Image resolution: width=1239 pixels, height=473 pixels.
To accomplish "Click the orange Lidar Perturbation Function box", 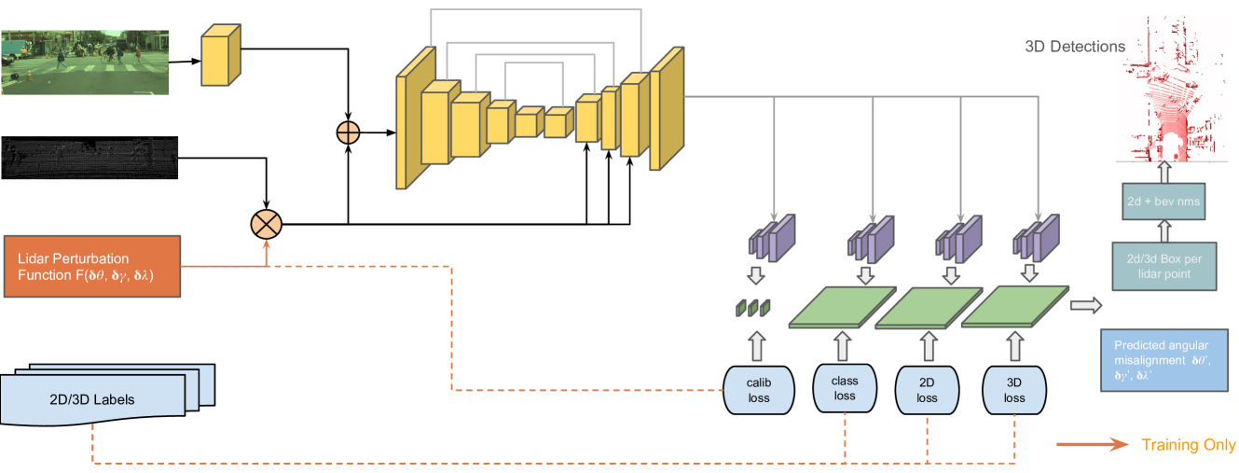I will [91, 266].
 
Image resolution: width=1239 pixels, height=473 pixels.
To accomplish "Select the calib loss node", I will [758, 389].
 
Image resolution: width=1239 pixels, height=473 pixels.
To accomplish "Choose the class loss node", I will [845, 387].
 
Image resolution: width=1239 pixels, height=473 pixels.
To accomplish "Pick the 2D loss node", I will [926, 389].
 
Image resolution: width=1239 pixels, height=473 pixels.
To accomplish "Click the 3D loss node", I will [1014, 389].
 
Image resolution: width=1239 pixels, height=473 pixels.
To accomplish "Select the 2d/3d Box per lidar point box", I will [1164, 267].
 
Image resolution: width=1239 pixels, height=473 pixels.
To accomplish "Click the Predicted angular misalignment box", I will [1168, 358].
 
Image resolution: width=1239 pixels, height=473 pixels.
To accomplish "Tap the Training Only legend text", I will [1188, 445].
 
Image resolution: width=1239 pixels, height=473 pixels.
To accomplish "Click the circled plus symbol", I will [348, 132].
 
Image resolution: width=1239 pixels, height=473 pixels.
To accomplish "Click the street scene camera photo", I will [85, 62].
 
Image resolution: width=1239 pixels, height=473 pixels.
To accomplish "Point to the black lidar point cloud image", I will [89, 159].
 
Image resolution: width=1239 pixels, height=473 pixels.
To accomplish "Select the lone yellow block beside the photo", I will [221, 56].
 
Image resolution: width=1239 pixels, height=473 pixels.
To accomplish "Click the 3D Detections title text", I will [1074, 47].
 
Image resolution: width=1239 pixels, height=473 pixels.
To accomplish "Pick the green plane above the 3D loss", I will [1015, 306].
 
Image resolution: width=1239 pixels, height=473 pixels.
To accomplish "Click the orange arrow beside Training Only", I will [1092, 445].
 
